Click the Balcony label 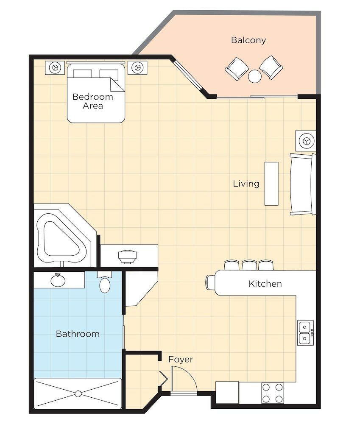[248, 40]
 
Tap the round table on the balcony [255, 76]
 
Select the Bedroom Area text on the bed [93, 101]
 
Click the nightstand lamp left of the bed [56, 67]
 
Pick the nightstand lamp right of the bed [137, 67]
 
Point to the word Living [246, 184]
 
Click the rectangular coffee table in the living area [271, 184]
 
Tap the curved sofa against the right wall [302, 184]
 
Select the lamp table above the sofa [306, 141]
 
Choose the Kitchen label [265, 284]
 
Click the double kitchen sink [306, 332]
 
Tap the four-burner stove [273, 393]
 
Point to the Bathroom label [78, 334]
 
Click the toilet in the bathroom [105, 283]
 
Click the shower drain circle [78, 394]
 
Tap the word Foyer [181, 360]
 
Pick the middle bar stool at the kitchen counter [249, 265]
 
